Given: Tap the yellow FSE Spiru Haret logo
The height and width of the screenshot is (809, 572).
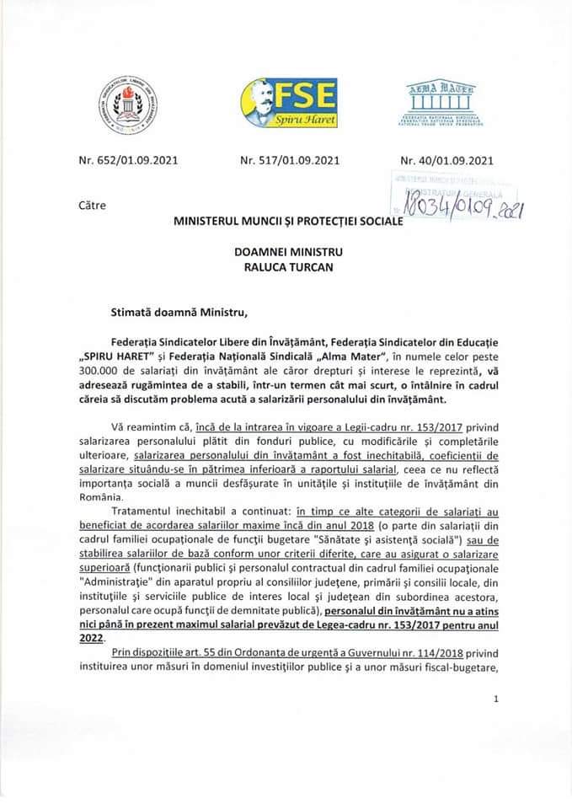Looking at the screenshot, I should [288, 102].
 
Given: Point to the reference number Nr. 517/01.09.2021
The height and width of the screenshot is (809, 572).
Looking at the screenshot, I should [289, 158].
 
